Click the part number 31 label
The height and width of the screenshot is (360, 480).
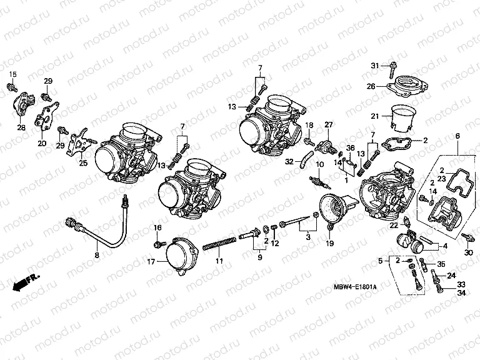coord(374,66)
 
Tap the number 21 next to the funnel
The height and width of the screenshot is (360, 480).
coord(374,116)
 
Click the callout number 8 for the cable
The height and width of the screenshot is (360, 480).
coord(97,255)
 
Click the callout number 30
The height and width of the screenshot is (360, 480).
coord(469,252)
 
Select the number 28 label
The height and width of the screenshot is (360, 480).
coord(21,127)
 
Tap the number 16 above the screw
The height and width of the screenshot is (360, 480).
coord(157,227)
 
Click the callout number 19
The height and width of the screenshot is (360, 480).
coord(329,242)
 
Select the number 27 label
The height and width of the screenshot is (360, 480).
coord(328,126)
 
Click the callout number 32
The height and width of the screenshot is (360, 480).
coord(289,161)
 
